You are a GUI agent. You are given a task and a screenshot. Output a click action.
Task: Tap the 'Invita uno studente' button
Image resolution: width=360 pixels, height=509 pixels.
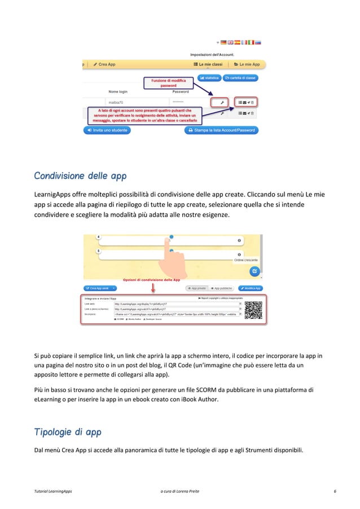[x=107, y=130]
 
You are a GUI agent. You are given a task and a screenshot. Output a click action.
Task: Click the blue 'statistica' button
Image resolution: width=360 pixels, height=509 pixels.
[x=208, y=77]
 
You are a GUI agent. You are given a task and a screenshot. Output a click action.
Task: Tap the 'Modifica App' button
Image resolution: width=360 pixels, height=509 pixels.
[x=249, y=288]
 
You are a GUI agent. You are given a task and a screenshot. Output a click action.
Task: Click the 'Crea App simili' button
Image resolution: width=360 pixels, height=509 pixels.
[x=99, y=288]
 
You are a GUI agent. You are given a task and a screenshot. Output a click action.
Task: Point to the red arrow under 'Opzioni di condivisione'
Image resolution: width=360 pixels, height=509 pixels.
[x=153, y=287]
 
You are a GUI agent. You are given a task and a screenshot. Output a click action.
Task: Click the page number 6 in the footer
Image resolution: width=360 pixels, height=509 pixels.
[x=335, y=492]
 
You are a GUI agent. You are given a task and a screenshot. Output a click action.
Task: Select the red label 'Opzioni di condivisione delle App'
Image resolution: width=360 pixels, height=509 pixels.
[x=152, y=279]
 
